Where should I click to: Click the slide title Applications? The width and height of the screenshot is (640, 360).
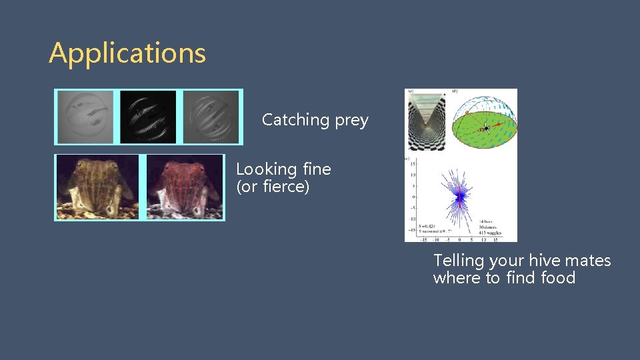(127, 53)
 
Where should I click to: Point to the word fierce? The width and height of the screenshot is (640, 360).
(285, 187)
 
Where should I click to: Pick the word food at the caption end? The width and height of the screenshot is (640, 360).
(558, 278)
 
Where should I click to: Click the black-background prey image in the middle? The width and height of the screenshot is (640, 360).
(148, 117)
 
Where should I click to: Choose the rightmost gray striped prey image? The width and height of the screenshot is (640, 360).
(210, 117)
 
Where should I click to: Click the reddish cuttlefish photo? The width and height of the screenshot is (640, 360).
(185, 187)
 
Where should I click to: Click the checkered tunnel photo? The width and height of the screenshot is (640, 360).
(426, 120)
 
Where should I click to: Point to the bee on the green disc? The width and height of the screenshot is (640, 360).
(486, 127)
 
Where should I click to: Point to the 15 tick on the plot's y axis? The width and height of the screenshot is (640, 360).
(413, 163)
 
